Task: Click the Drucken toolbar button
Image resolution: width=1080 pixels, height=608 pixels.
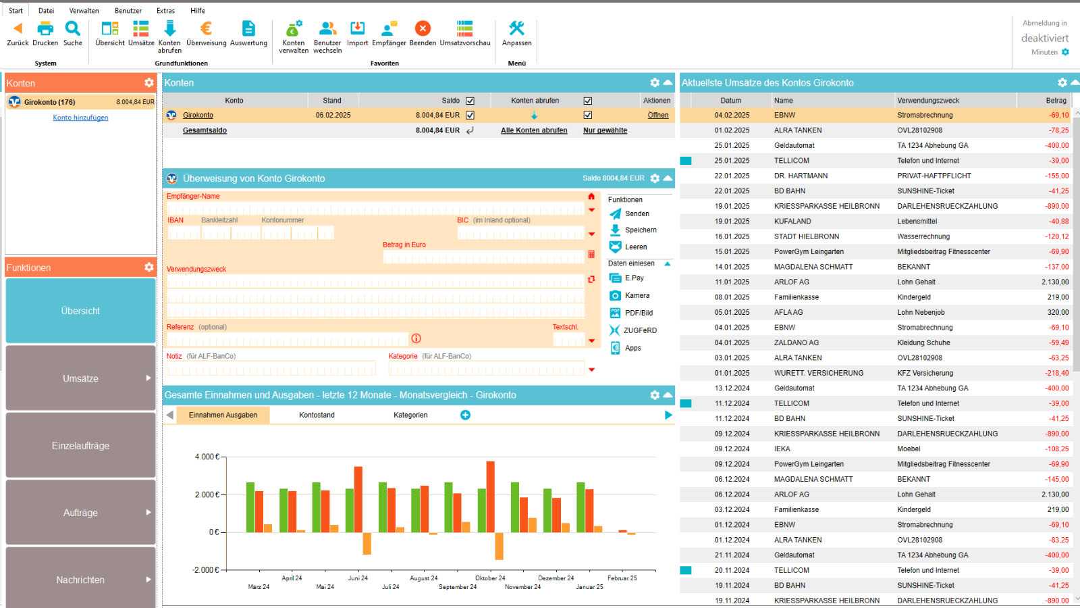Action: pos(45,34)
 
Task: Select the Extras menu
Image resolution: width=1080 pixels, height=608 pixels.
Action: pos(165,11)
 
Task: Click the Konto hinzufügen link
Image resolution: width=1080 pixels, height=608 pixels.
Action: pos(80,118)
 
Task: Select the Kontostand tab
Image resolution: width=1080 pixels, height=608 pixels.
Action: pos(317,415)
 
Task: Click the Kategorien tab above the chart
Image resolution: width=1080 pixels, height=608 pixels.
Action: pos(410,415)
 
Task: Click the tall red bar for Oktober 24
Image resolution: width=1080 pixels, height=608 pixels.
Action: pos(490,497)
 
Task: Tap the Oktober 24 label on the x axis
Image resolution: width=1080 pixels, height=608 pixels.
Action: pos(490,578)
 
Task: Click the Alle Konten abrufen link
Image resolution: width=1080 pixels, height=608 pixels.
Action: pos(534,130)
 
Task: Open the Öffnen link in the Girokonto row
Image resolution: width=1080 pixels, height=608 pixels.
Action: pos(657,116)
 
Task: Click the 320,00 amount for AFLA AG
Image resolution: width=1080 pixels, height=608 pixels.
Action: pos(1058,313)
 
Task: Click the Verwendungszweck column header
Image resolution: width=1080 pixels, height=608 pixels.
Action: pos(928,101)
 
